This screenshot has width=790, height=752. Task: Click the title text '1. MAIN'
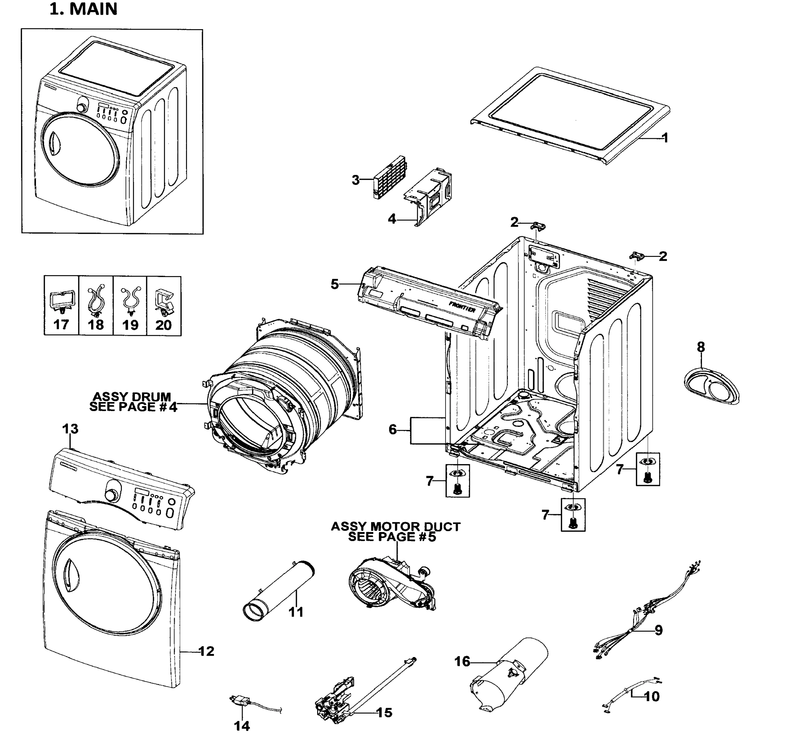click(x=83, y=9)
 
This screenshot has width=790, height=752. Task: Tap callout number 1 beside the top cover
click(x=665, y=138)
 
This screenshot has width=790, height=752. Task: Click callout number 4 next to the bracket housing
click(x=392, y=219)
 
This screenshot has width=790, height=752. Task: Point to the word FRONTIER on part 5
click(x=462, y=307)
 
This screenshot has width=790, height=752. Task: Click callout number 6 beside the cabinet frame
click(x=393, y=430)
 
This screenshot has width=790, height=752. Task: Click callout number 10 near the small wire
click(x=651, y=696)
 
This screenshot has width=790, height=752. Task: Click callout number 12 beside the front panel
click(x=206, y=651)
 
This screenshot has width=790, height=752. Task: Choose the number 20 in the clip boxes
click(x=163, y=325)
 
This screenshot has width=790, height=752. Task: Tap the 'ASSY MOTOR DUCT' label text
click(x=395, y=526)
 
